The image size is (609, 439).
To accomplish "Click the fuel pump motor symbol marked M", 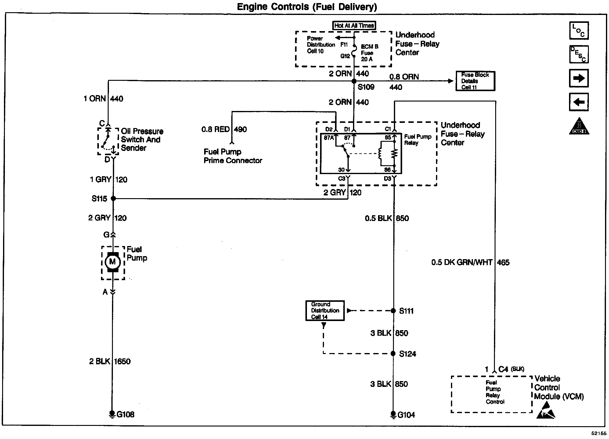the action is tap(113, 262).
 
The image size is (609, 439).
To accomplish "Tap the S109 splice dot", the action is tap(354, 81).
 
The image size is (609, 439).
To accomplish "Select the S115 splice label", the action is tap(99, 199).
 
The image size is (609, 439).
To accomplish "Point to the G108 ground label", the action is tap(125, 415).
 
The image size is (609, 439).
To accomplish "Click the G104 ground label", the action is tap(406, 415).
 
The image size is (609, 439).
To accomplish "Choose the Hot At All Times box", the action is tap(354, 26).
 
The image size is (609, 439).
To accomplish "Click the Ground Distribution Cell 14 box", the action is tap(325, 311).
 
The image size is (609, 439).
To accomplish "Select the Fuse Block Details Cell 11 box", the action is tap(475, 81).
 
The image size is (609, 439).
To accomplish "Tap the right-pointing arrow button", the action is tap(579, 78).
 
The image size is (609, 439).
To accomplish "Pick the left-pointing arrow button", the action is tap(579, 102).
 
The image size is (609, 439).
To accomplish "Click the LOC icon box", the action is tap(579, 30).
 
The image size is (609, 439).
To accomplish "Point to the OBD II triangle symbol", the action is tap(579, 126).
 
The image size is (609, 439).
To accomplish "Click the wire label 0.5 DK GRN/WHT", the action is tap(462, 262).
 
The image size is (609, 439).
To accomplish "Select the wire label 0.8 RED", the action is tap(215, 130).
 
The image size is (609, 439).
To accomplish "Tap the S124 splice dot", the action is tap(393, 354).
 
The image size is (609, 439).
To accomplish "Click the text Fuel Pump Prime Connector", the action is tap(233, 156).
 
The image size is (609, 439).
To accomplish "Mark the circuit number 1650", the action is tap(122, 362).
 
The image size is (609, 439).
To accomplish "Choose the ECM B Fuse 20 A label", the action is tap(369, 53).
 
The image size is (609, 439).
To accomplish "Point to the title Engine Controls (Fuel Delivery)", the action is tap(307, 7).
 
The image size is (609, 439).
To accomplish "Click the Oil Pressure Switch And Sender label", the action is tap(142, 140).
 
